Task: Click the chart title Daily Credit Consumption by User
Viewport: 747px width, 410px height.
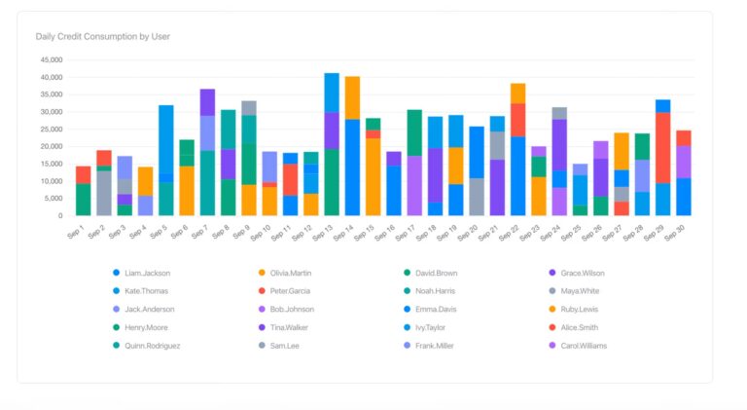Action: click(102, 36)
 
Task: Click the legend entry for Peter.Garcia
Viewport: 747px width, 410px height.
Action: click(291, 291)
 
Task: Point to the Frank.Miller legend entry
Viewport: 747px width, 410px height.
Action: click(434, 345)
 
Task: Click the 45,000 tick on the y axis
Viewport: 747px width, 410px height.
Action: click(51, 60)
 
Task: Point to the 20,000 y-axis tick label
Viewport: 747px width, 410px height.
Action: click(51, 147)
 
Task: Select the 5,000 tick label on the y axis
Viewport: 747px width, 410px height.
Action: click(53, 199)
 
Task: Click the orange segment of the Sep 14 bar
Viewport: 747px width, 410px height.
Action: click(352, 97)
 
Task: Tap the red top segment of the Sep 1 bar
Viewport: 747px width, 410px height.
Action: click(84, 174)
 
